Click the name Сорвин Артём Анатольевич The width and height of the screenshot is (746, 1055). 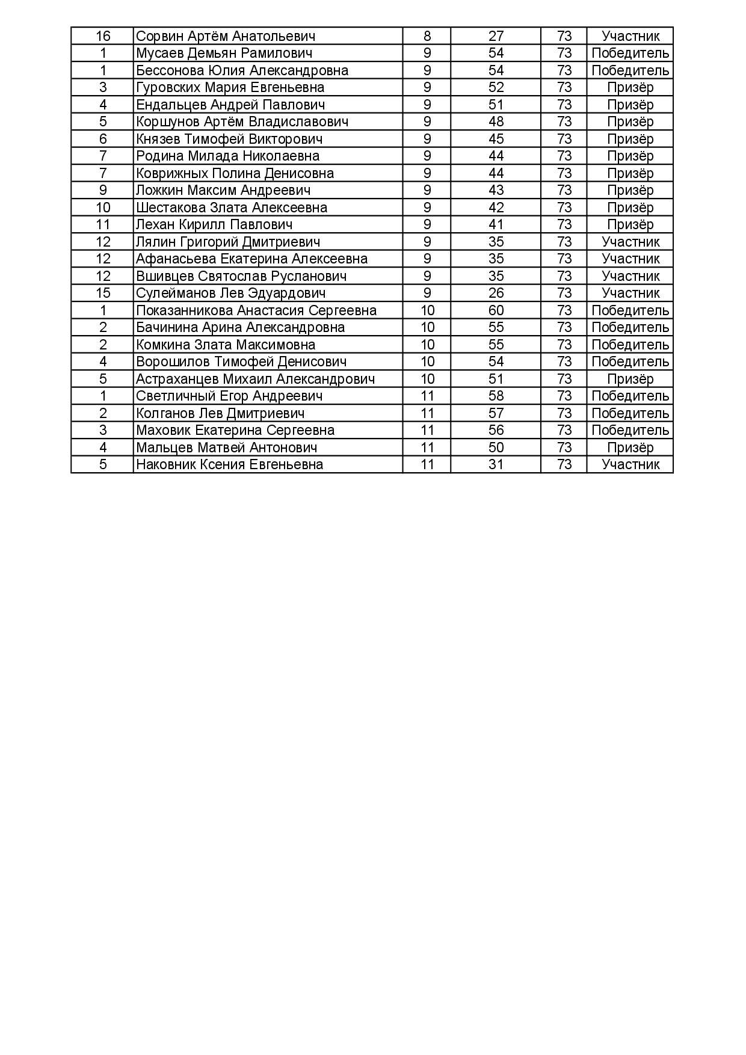pos(226,36)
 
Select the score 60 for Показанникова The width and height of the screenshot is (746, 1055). pos(496,310)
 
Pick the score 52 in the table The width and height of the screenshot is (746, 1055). pos(496,88)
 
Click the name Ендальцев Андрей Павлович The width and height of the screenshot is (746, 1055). pos(230,105)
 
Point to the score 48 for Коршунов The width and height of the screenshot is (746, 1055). pos(496,122)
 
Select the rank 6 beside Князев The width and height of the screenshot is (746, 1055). pos(103,139)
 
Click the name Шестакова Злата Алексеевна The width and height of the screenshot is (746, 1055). pos(232,208)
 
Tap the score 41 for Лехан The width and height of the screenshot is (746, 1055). pos(496,225)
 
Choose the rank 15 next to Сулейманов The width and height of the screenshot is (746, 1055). pos(103,294)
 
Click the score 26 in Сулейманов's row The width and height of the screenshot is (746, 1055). pos(496,294)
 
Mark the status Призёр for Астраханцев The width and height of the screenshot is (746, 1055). pos(630,379)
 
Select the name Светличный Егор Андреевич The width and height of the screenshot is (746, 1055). pos(229,396)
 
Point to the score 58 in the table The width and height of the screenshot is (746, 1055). pos(496,396)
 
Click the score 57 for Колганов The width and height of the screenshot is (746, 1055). pos(496,413)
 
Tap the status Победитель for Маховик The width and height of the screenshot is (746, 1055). pos(630,430)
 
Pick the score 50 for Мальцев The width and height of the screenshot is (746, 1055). pos(496,448)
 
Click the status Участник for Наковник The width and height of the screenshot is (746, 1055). pos(630,464)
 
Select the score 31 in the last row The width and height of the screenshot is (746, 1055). pos(496,464)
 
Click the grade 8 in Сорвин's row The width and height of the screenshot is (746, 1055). pos(427,36)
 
